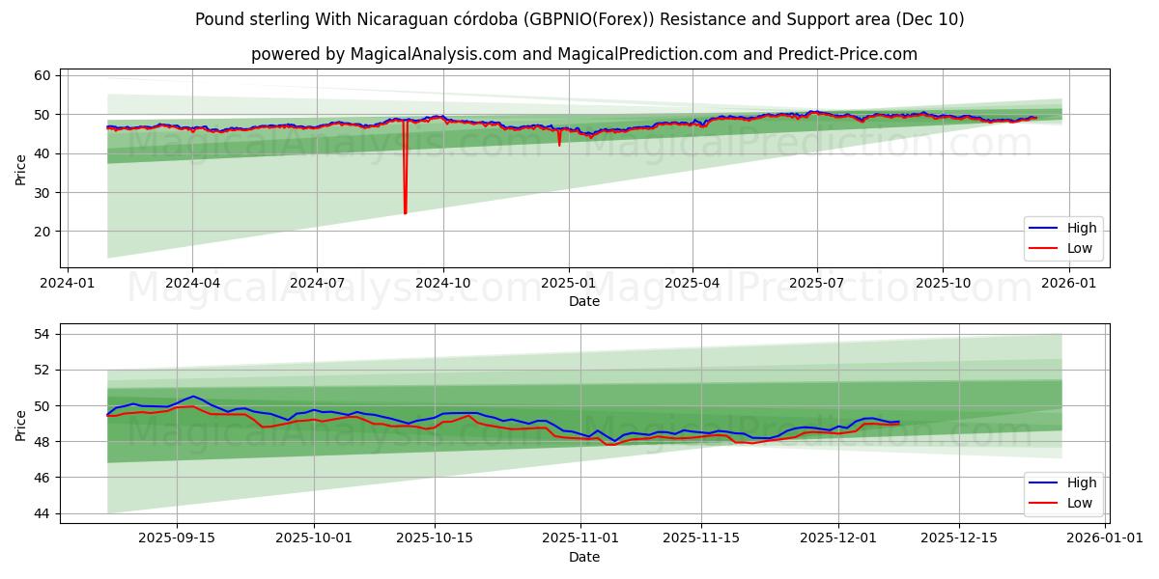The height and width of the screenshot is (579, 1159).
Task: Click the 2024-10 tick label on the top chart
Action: pos(443,285)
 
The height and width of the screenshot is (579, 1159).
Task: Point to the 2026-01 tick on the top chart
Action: pos(1068,285)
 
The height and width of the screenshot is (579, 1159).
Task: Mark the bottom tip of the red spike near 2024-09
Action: pos(405,213)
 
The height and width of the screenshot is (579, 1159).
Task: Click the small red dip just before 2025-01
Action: pos(559,145)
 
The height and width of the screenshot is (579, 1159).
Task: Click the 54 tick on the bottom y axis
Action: pos(41,334)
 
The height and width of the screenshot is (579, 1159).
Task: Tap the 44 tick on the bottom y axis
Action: pos(41,513)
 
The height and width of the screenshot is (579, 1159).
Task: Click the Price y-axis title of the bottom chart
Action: pos(21,424)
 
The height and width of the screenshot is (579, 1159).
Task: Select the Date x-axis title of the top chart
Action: pos(584,301)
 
